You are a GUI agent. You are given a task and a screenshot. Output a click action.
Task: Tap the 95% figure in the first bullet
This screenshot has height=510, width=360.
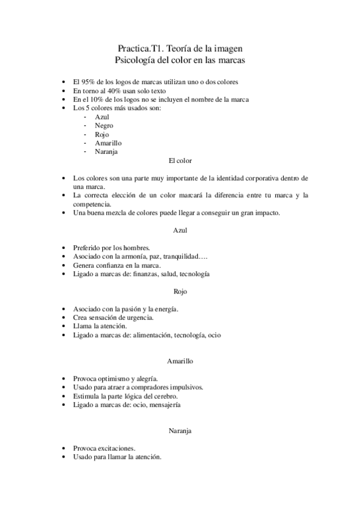pos(89,81)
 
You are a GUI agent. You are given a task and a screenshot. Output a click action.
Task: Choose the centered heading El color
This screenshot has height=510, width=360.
pos(180,161)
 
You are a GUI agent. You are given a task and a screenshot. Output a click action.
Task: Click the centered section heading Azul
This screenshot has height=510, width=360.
pos(180,230)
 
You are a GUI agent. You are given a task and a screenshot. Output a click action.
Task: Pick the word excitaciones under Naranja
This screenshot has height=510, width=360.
pos(114,448)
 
